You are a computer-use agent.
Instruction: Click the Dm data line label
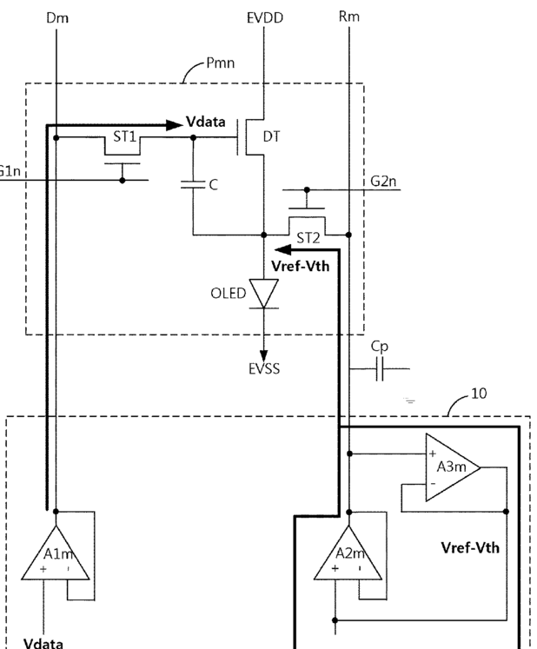coord(57,17)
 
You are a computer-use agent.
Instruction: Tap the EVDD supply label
coord(265,17)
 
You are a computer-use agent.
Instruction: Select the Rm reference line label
coord(349,17)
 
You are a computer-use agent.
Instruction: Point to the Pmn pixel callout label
coord(220,63)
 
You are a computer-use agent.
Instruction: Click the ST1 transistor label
coord(124,136)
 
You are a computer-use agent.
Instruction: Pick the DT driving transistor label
coord(271,136)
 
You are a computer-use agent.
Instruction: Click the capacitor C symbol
coord(193,184)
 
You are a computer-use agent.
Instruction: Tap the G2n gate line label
coord(383,181)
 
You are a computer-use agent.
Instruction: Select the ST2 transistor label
coord(308,238)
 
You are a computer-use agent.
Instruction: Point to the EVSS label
coord(264,368)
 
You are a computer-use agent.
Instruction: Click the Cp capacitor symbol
coord(380,368)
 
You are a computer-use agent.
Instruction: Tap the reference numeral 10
coord(479,394)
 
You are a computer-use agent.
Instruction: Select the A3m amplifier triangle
coord(453,467)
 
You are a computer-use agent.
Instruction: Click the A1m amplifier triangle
coord(56,553)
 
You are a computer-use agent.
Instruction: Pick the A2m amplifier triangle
coord(348,553)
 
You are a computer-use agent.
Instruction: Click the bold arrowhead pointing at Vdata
coord(175,124)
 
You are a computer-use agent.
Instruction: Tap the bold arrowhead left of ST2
coord(283,249)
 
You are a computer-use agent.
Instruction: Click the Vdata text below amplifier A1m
coord(43,643)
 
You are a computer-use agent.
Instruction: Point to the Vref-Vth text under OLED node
coord(301,266)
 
